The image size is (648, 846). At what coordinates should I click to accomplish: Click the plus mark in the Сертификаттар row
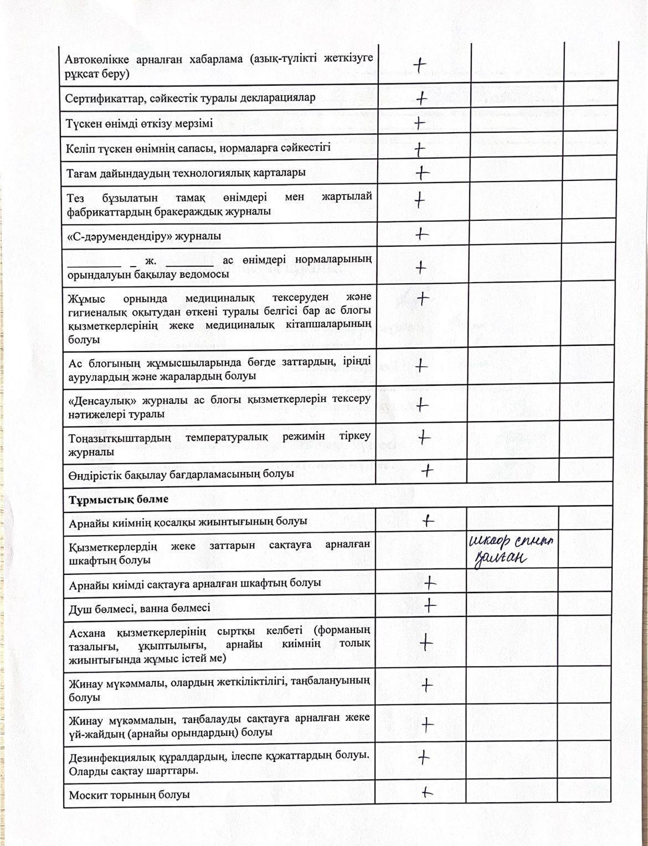click(422, 98)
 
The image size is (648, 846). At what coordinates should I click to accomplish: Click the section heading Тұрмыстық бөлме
click(119, 499)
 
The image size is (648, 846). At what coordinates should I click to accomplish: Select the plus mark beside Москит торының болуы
click(426, 792)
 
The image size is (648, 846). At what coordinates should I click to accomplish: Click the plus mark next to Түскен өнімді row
click(419, 123)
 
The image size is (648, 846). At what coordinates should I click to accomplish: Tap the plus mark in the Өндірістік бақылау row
click(427, 471)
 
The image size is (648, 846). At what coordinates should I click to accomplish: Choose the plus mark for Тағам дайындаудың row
click(422, 173)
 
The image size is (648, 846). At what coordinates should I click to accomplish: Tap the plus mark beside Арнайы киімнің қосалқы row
click(428, 520)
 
